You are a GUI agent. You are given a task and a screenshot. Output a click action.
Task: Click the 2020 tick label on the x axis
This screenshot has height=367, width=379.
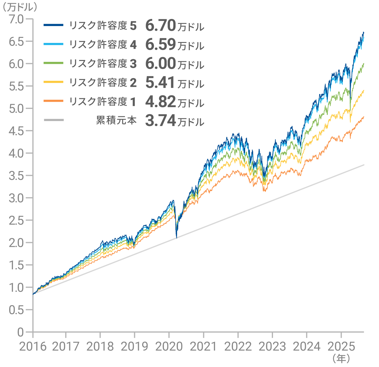pos(169,346)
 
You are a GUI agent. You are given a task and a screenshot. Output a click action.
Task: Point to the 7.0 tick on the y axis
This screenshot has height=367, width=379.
pos(16,19)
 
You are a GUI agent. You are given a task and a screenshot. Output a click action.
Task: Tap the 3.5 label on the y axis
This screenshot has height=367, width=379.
pos(16,176)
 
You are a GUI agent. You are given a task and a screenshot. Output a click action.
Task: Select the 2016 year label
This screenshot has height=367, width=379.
pos(33,346)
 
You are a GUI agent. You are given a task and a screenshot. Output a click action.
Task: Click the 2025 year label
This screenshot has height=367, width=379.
pos(341,346)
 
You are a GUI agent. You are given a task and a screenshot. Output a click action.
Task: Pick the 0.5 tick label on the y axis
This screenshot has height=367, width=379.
pos(16,310)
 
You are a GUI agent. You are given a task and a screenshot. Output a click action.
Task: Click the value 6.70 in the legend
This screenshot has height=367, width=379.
pos(161,26)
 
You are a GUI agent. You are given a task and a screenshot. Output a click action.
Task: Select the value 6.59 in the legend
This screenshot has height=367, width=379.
pos(161,45)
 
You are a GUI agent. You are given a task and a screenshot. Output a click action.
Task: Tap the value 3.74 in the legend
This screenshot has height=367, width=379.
pos(161,121)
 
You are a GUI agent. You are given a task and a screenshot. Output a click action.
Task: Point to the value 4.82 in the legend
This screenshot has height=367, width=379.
pos(161,102)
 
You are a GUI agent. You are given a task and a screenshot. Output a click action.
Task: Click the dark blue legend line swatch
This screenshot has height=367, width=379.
pos(54,25)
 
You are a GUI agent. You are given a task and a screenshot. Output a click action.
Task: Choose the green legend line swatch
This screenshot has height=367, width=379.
pos(54,63)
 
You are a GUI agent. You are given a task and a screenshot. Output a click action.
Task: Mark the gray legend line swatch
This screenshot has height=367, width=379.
pos(54,120)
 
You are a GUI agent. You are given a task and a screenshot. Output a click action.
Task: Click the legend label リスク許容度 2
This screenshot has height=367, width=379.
pos(103,83)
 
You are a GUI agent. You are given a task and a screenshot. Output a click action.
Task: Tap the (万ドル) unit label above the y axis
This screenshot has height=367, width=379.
pos(19,7)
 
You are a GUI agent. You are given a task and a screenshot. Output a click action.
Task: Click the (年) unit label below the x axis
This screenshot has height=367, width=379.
pos(341,358)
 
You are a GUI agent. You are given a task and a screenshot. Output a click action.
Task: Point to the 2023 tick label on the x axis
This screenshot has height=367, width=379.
pos(272,346)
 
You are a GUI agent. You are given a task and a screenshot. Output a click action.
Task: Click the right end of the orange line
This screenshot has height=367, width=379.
pos(364,117)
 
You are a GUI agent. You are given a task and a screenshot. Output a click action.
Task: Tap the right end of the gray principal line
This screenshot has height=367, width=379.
pos(364,165)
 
